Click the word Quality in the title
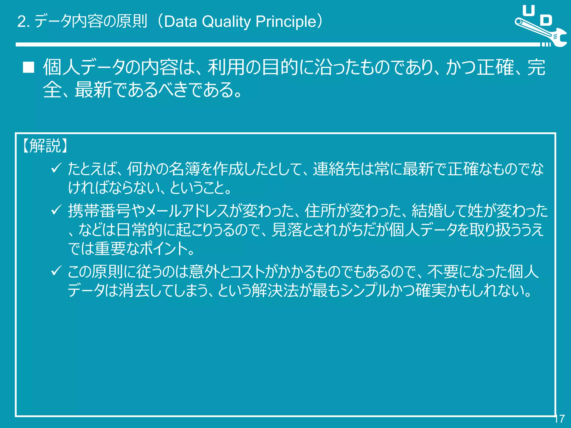click(x=226, y=22)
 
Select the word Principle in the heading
click(x=286, y=22)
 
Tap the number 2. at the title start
click(x=23, y=22)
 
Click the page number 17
click(x=559, y=419)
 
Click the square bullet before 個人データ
click(x=28, y=67)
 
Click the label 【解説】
click(x=45, y=146)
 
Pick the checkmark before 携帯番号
click(x=56, y=210)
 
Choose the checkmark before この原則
click(x=56, y=271)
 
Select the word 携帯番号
click(x=99, y=211)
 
